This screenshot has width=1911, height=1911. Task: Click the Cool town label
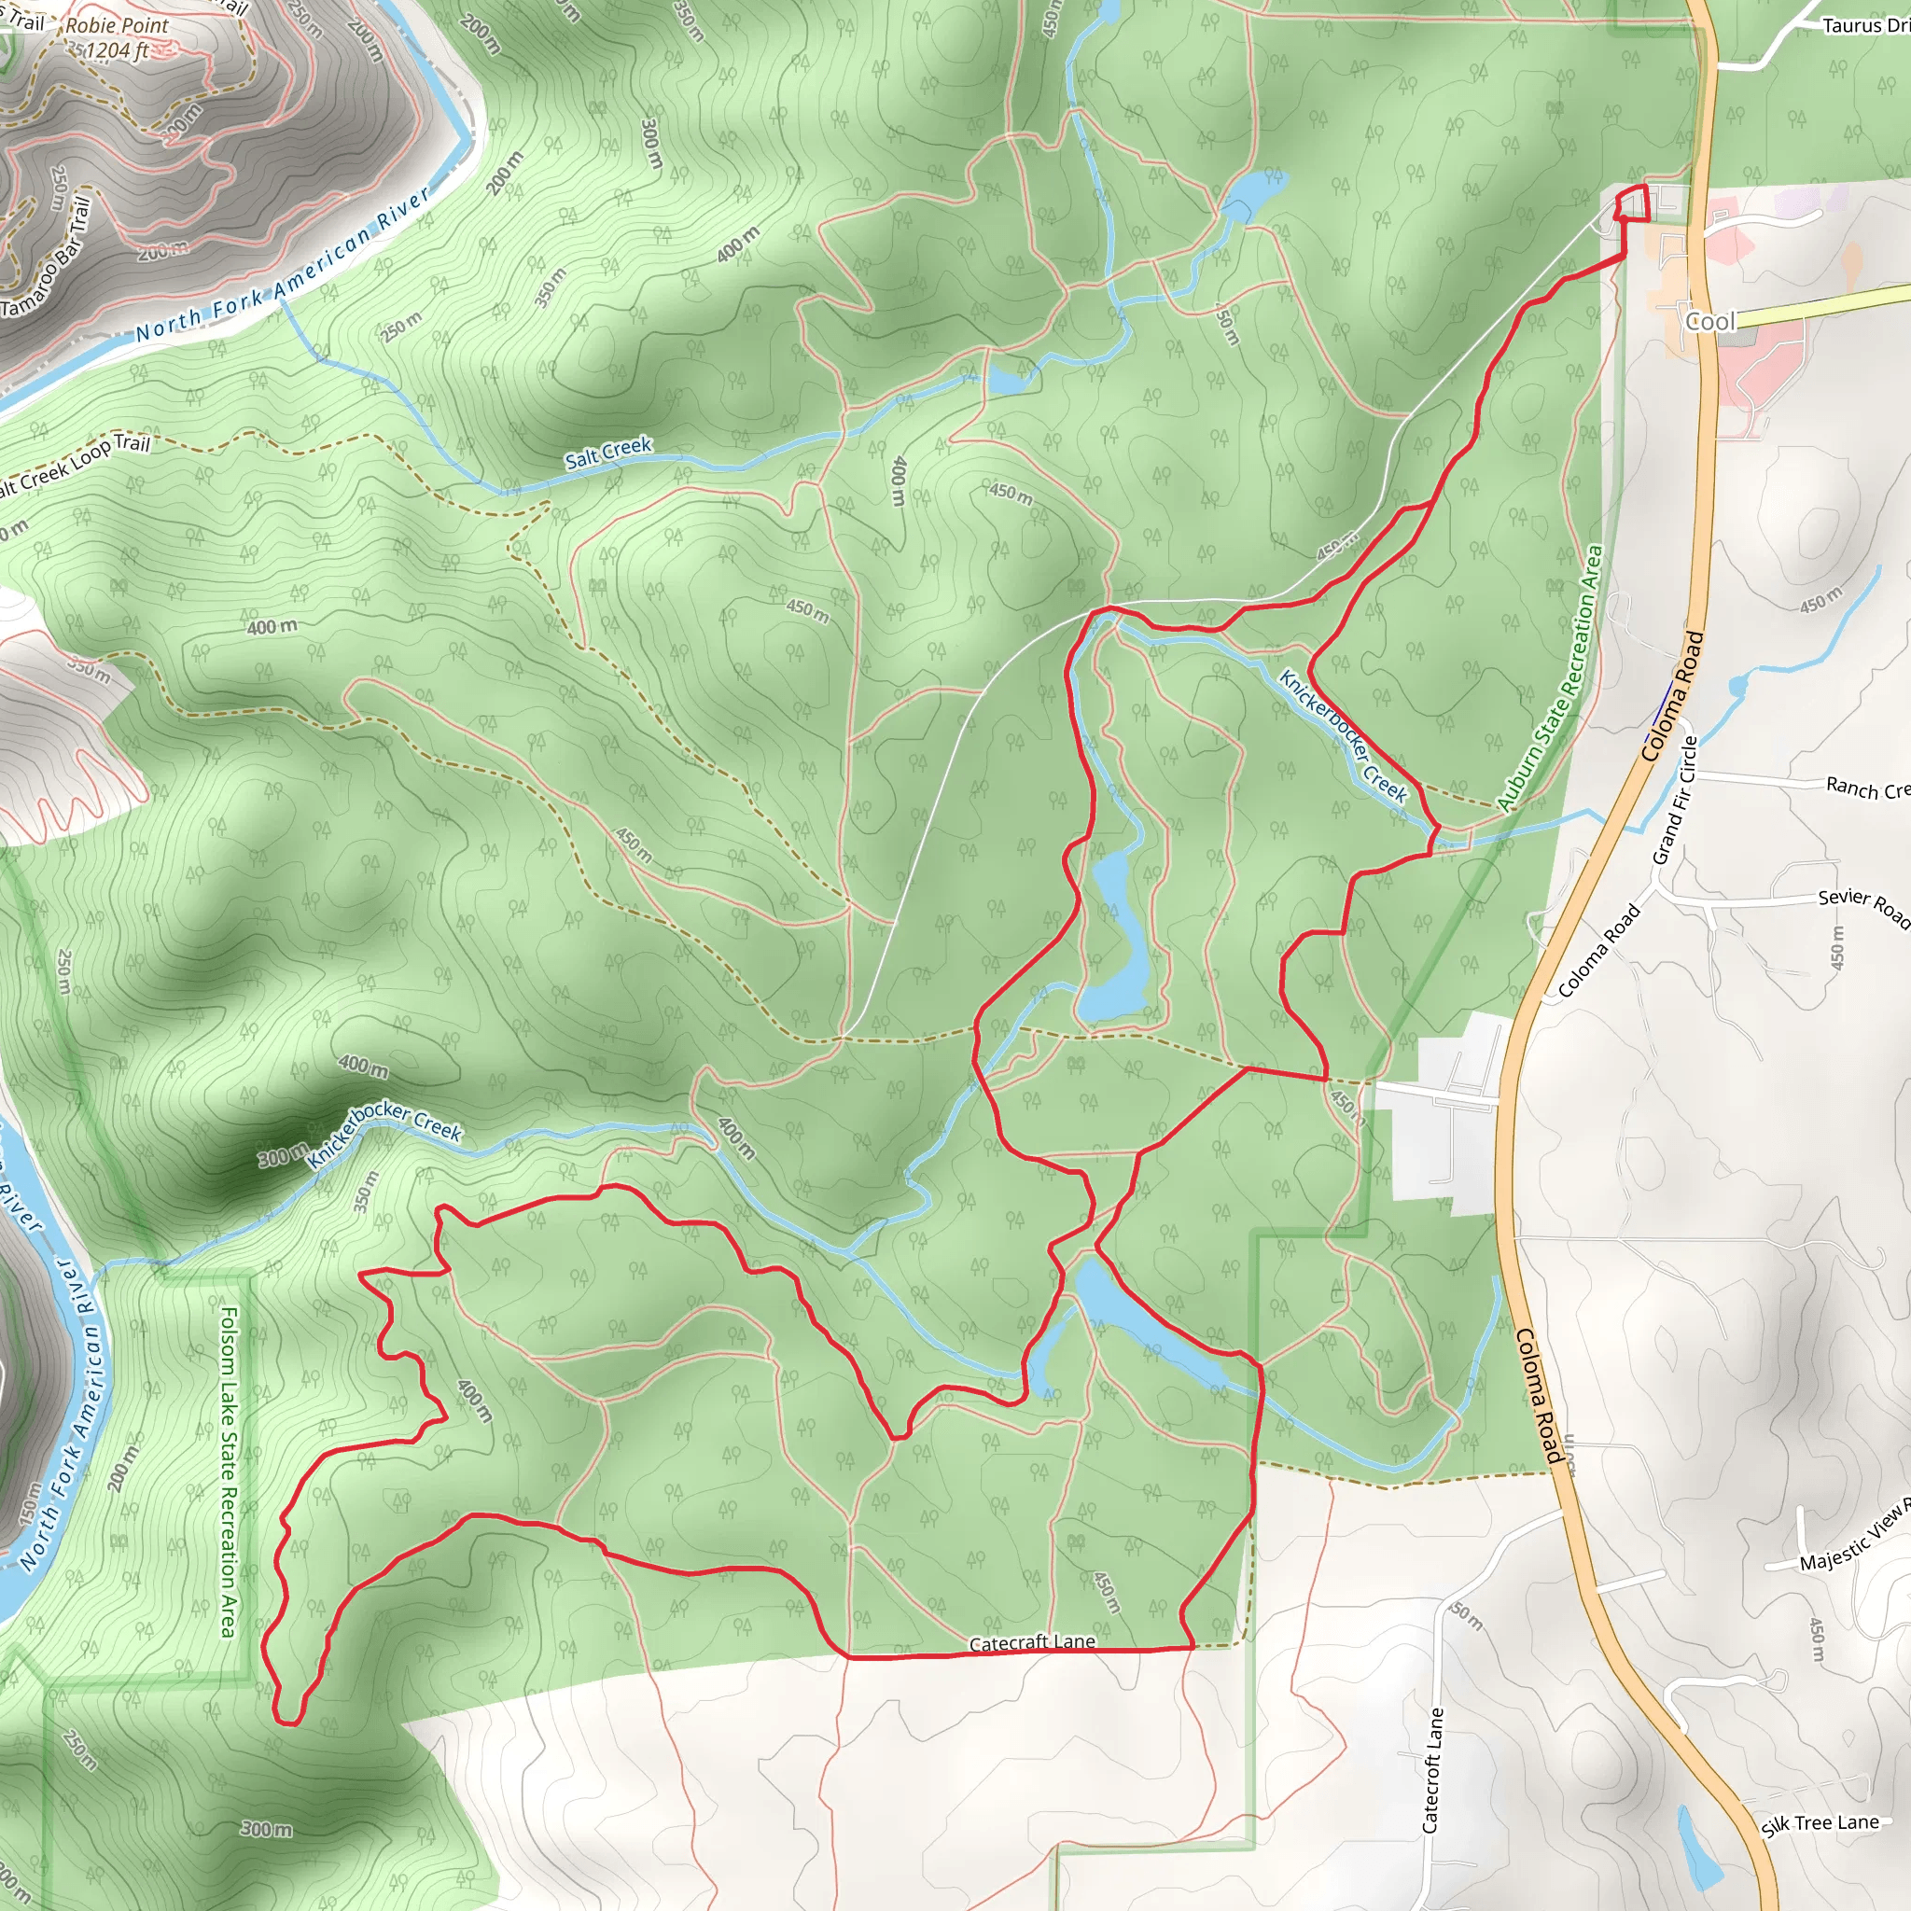point(1710,322)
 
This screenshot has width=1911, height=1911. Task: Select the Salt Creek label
point(607,452)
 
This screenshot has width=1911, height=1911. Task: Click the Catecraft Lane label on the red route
point(1032,1643)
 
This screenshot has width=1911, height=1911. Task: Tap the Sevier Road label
point(1862,906)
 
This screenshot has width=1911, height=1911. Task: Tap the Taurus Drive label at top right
point(1864,26)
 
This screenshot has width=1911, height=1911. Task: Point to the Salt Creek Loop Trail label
point(69,466)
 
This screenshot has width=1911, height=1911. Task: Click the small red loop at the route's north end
point(1632,202)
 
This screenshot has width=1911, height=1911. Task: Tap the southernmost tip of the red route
point(286,1723)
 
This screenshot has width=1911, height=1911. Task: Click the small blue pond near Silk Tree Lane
point(1699,1844)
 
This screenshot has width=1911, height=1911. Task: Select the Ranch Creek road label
point(1865,788)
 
